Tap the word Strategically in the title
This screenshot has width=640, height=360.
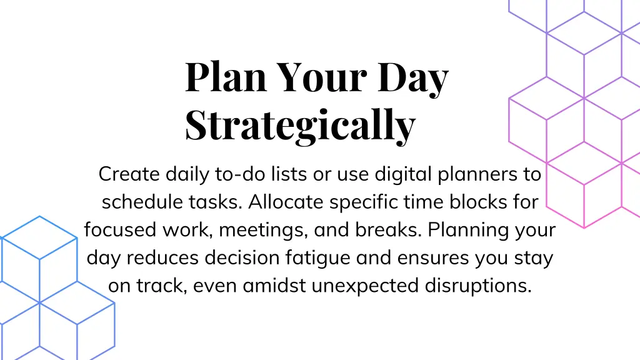[x=300, y=125]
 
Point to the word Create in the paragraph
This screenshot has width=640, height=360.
[x=129, y=174]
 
